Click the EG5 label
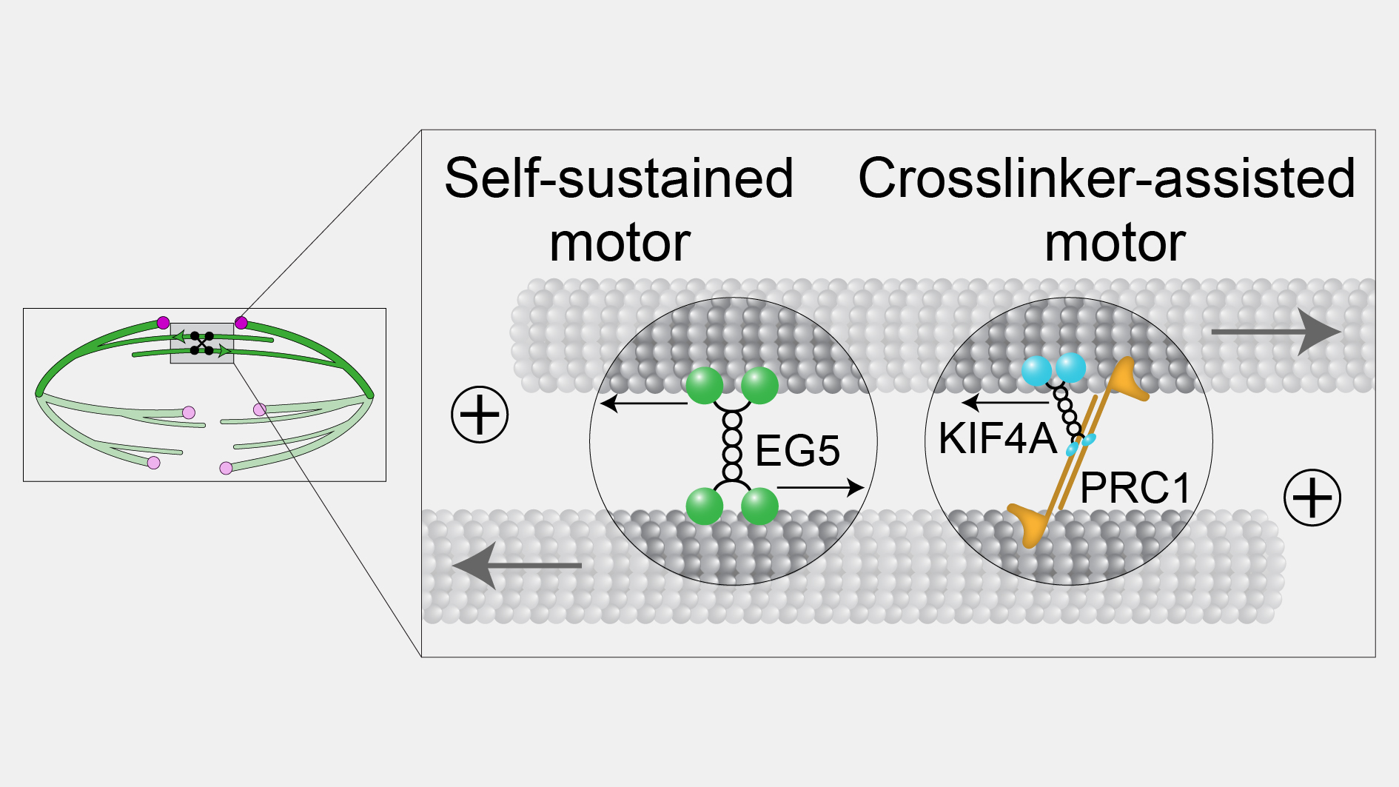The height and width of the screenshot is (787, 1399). pyautogui.click(x=797, y=451)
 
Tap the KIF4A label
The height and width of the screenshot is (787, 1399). pyautogui.click(x=996, y=438)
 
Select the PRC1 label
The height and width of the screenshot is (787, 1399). pyautogui.click(x=1135, y=488)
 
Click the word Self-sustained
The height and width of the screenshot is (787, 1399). pyautogui.click(x=619, y=179)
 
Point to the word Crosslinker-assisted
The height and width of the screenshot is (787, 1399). pyautogui.click(x=1107, y=179)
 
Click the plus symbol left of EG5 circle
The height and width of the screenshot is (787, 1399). pyautogui.click(x=480, y=415)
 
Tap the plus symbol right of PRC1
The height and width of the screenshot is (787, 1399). pyautogui.click(x=1312, y=498)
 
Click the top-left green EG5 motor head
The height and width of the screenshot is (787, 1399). pyautogui.click(x=704, y=386)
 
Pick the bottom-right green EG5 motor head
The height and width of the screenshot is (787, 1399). pyautogui.click(x=759, y=506)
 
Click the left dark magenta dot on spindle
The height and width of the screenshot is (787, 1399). pyautogui.click(x=163, y=323)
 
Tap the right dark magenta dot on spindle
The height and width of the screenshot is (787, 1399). pyautogui.click(x=241, y=323)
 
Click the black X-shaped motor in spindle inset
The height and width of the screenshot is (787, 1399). pyautogui.click(x=201, y=344)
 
